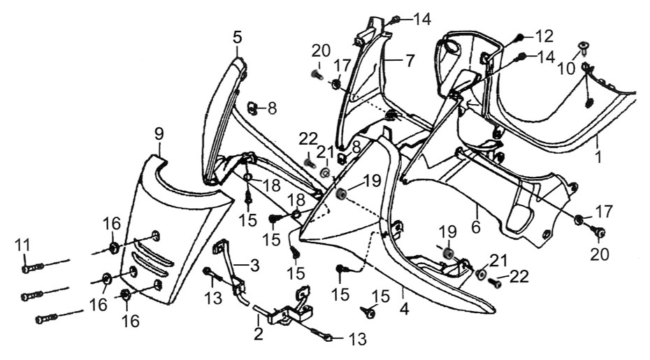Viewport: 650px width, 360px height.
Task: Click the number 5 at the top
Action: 238,37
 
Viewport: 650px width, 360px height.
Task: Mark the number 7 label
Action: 410,60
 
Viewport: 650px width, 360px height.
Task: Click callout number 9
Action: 159,131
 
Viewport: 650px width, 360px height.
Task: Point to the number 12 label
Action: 544,35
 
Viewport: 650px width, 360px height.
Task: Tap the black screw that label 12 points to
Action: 519,36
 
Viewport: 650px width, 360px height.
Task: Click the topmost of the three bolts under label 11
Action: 29,266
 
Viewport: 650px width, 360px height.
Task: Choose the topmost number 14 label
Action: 421,19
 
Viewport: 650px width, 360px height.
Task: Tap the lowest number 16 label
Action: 131,321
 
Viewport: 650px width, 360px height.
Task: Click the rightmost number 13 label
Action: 356,340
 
